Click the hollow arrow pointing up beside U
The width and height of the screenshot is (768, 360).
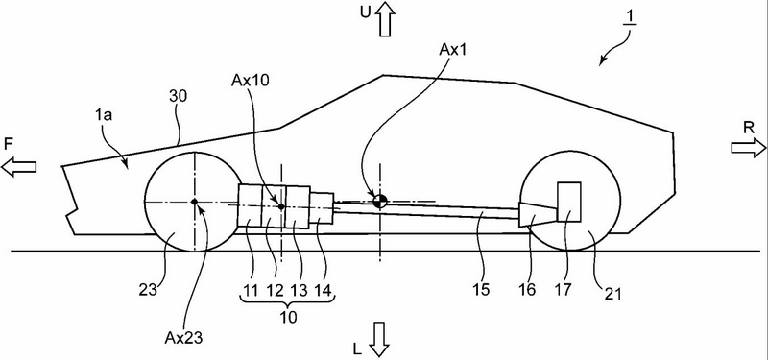point(387,18)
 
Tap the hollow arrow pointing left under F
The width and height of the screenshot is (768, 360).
point(18,167)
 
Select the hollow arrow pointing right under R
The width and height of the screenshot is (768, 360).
point(749,148)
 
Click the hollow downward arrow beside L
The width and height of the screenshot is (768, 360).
point(379,340)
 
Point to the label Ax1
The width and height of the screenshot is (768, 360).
point(452,50)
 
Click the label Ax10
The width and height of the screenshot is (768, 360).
point(251,81)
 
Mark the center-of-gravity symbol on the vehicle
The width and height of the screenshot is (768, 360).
point(380,201)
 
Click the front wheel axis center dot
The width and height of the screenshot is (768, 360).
point(195,202)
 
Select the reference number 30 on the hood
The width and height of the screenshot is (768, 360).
point(179,97)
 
